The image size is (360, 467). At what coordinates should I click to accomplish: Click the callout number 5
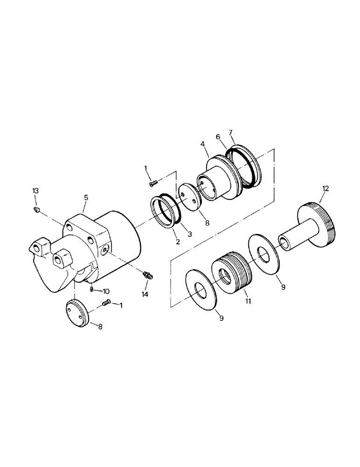pos(86,198)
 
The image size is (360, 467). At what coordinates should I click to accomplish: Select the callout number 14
pos(145,294)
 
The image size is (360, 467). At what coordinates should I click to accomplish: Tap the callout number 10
pos(106,291)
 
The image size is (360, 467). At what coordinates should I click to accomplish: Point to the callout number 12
pos(325,188)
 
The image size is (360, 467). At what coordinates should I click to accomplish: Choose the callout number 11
pos(248,301)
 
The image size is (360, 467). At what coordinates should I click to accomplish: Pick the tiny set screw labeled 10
pos(91,290)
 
